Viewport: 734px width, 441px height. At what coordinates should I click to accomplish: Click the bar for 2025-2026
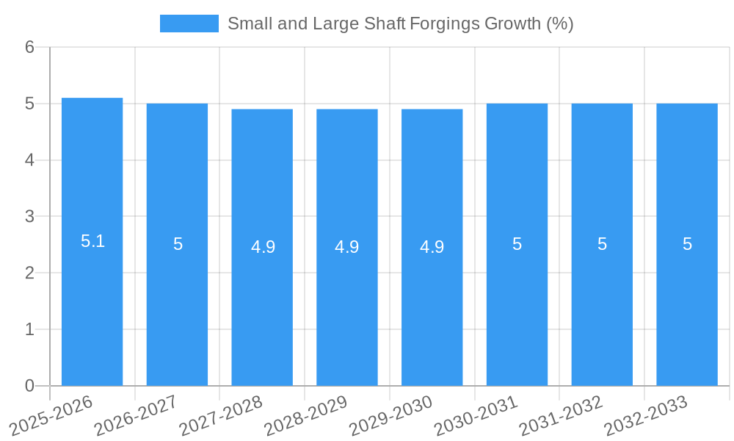point(92,243)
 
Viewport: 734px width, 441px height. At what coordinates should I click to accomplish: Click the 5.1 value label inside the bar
point(92,241)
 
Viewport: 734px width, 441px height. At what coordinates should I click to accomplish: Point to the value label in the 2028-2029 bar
point(347,247)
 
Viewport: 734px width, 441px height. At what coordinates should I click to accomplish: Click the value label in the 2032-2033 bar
point(687,244)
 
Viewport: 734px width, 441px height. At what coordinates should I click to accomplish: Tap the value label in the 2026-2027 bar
point(178,244)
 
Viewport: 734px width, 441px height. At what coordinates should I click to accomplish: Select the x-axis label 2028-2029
point(306,415)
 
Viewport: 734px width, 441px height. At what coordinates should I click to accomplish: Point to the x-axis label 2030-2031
point(476,415)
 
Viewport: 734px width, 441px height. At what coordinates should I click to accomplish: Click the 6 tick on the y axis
point(29,47)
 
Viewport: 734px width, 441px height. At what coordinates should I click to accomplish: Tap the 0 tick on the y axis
point(29,386)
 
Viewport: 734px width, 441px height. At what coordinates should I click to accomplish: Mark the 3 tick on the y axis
point(29,217)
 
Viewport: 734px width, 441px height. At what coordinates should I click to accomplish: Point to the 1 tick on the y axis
point(29,329)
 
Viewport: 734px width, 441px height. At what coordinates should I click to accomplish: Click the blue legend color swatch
point(189,24)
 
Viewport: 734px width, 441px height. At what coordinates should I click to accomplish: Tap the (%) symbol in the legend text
point(560,24)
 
